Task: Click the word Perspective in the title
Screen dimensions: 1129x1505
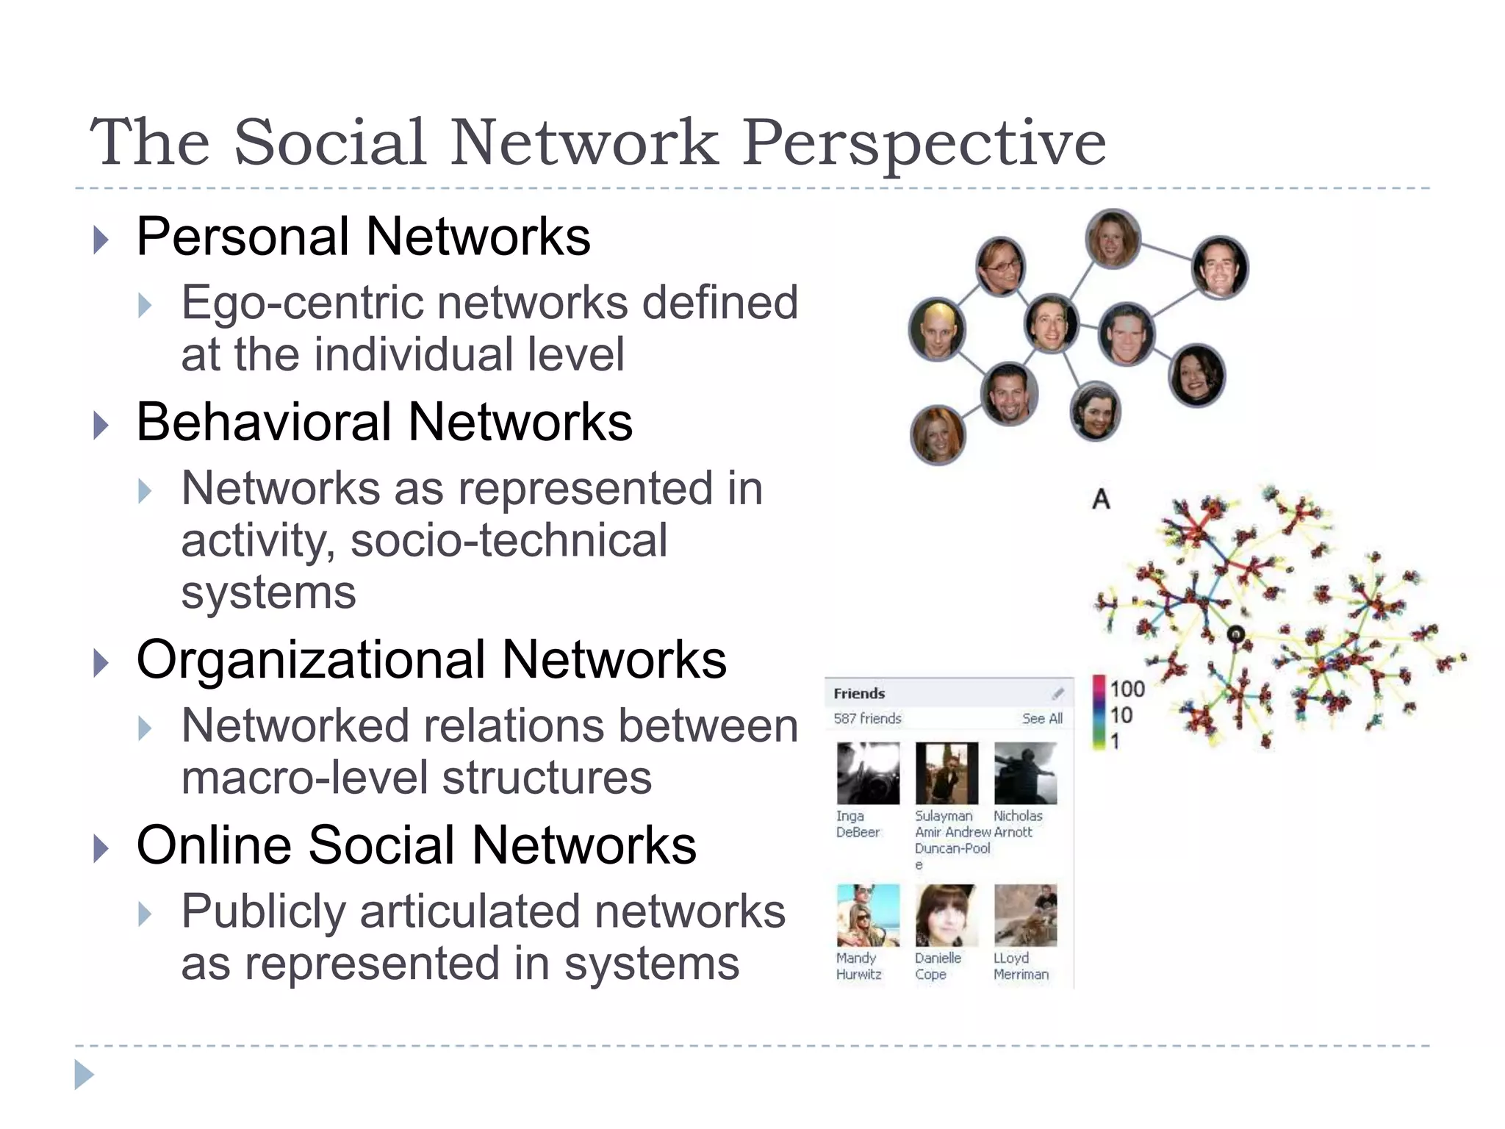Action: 923,142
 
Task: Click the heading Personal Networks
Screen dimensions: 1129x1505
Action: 363,237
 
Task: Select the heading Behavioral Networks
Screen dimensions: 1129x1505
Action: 384,423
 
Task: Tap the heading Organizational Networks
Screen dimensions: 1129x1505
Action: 431,659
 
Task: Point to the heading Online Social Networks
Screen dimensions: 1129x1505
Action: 416,845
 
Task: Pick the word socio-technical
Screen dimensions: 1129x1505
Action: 509,540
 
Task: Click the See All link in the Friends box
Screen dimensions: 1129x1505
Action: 1042,718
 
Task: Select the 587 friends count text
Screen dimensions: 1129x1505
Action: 867,718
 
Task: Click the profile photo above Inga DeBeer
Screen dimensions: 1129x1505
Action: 868,773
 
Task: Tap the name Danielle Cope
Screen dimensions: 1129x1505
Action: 938,966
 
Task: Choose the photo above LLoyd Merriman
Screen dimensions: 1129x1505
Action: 1025,915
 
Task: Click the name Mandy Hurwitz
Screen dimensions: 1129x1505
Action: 858,966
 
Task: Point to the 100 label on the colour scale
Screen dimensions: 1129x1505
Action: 1127,689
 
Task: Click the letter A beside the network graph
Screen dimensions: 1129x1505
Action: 1101,500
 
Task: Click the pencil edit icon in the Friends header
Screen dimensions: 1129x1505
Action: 1057,693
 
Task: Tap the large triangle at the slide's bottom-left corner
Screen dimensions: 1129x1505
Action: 84,1075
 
